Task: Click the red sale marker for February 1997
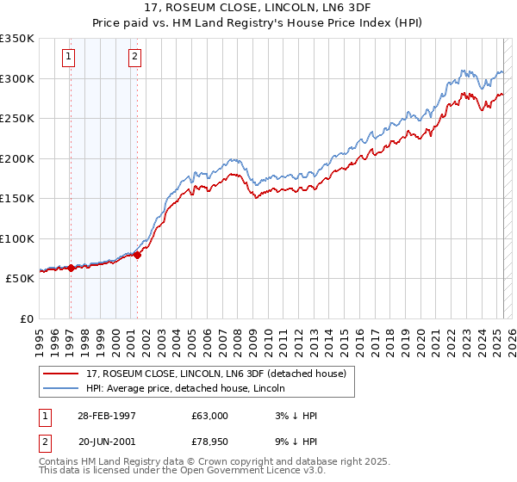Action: coord(72,268)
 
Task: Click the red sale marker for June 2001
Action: coord(137,255)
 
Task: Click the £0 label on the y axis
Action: coord(26,318)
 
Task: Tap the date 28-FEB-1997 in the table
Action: coord(107,416)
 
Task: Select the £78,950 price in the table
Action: coord(210,443)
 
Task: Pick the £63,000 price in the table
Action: coord(210,416)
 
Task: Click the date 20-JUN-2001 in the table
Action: coord(107,443)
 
